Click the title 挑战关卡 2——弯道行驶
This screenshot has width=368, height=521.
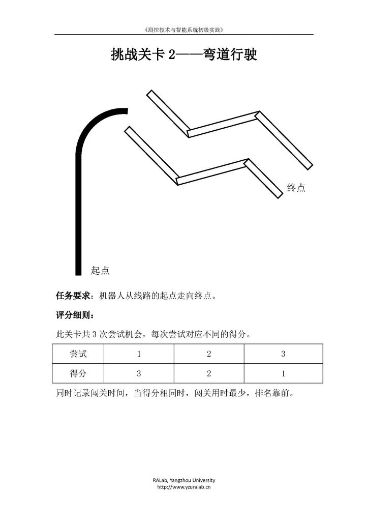click(184, 54)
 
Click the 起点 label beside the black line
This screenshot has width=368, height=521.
click(100, 270)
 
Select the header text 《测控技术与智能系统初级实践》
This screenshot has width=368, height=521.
click(184, 30)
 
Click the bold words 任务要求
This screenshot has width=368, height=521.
click(73, 296)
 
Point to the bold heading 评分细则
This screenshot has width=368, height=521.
click(73, 314)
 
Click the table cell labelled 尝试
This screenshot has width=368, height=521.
click(78, 354)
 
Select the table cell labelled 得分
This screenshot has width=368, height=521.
click(78, 373)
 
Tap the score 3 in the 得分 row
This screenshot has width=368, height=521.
click(139, 373)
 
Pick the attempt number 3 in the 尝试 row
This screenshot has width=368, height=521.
click(283, 354)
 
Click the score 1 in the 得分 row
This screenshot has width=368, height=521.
click(283, 373)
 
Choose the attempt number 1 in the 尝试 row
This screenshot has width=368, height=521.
click(139, 354)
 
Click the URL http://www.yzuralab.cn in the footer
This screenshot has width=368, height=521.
click(184, 487)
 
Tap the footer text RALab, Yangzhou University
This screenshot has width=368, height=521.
click(184, 480)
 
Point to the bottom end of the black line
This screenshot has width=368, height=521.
click(78, 275)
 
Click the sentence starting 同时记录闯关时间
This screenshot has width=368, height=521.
click(175, 393)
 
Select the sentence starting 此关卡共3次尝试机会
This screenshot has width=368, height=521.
click(153, 334)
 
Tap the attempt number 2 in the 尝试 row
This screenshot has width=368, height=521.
click(209, 354)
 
